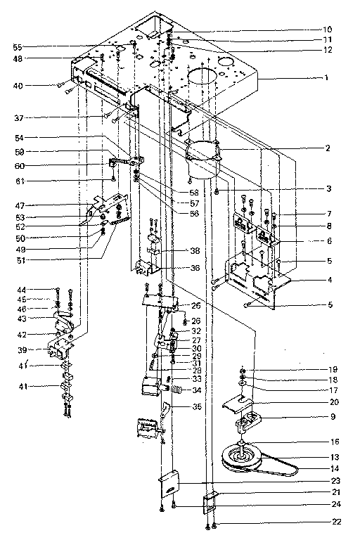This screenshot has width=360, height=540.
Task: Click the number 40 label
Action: [17, 86]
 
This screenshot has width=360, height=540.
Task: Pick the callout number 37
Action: [17, 117]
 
